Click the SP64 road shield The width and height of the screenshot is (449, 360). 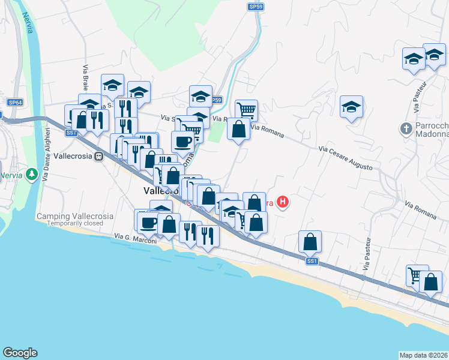point(15,103)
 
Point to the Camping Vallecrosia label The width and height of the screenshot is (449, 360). point(75,216)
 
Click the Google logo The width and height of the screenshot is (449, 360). point(20,353)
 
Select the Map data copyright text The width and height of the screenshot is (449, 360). point(424,355)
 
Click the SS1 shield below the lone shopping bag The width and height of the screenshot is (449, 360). point(311,261)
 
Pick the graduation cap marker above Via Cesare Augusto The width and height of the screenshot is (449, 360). point(351,107)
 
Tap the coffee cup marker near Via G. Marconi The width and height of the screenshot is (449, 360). point(148,223)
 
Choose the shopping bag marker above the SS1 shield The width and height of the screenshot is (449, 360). point(310,242)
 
